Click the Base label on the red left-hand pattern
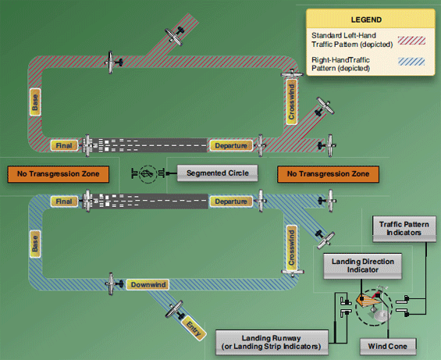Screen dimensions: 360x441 click(x=35, y=102)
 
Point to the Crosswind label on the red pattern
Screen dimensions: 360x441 click(x=291, y=102)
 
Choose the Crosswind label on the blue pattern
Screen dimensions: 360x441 click(x=291, y=248)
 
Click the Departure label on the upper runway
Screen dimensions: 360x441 click(x=231, y=145)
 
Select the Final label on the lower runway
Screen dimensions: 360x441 click(x=65, y=201)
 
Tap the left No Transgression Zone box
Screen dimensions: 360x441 click(x=57, y=173)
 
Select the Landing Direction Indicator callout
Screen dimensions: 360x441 click(x=363, y=266)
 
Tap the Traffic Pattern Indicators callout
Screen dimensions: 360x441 click(x=400, y=228)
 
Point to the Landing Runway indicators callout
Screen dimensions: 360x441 click(x=272, y=340)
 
